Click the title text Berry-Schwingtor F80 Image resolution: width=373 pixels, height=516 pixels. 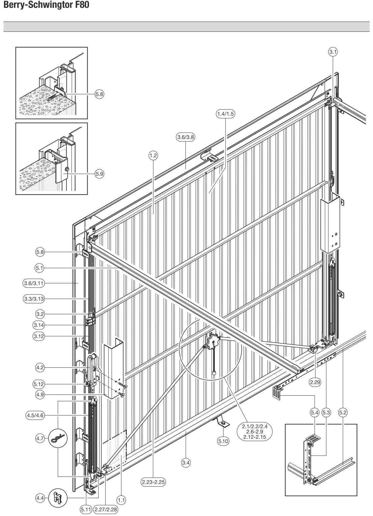point(46,5)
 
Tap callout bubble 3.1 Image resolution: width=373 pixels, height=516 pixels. point(333,52)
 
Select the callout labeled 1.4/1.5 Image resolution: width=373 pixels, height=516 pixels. point(225,114)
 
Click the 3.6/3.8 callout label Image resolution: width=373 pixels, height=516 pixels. point(186,137)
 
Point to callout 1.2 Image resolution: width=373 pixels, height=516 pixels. point(153,156)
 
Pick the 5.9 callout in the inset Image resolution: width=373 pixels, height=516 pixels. point(99,174)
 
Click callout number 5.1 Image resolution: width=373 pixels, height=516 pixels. point(39,268)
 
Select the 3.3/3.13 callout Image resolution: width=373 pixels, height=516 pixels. point(34,299)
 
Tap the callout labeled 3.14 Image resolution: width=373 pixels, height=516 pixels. point(39,325)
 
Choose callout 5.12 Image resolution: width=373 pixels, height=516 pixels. point(39,384)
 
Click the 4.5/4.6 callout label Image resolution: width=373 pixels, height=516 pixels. point(35,415)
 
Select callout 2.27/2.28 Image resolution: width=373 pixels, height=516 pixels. point(106,509)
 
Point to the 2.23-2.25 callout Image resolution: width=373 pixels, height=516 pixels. point(153,482)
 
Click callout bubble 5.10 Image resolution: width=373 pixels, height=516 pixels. point(223,441)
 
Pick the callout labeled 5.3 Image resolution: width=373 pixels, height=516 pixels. point(326,412)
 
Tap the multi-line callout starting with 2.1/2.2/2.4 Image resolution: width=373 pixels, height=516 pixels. point(255,432)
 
